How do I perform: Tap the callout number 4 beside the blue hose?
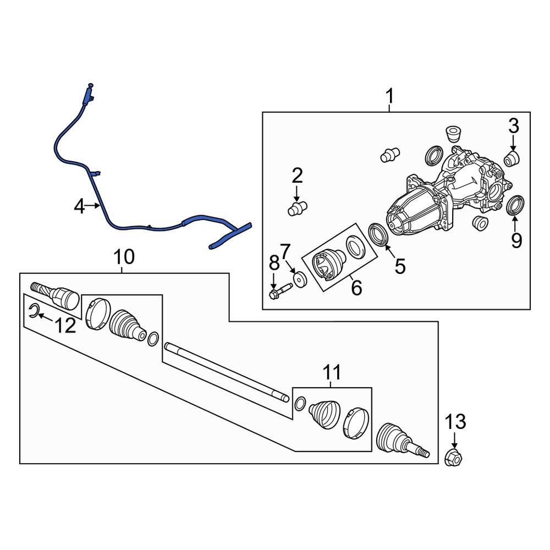(x=79, y=206)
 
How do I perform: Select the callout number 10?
(x=124, y=257)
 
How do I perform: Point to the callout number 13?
(x=455, y=421)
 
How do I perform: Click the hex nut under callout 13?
(x=453, y=457)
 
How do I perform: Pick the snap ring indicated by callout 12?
(x=34, y=310)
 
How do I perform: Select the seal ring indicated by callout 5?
(x=378, y=234)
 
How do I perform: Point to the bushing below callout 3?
(x=512, y=159)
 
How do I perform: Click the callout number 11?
(x=332, y=372)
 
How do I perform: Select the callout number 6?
(x=356, y=288)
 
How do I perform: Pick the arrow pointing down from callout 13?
(x=454, y=440)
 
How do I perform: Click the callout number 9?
(x=516, y=240)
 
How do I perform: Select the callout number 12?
(x=65, y=326)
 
